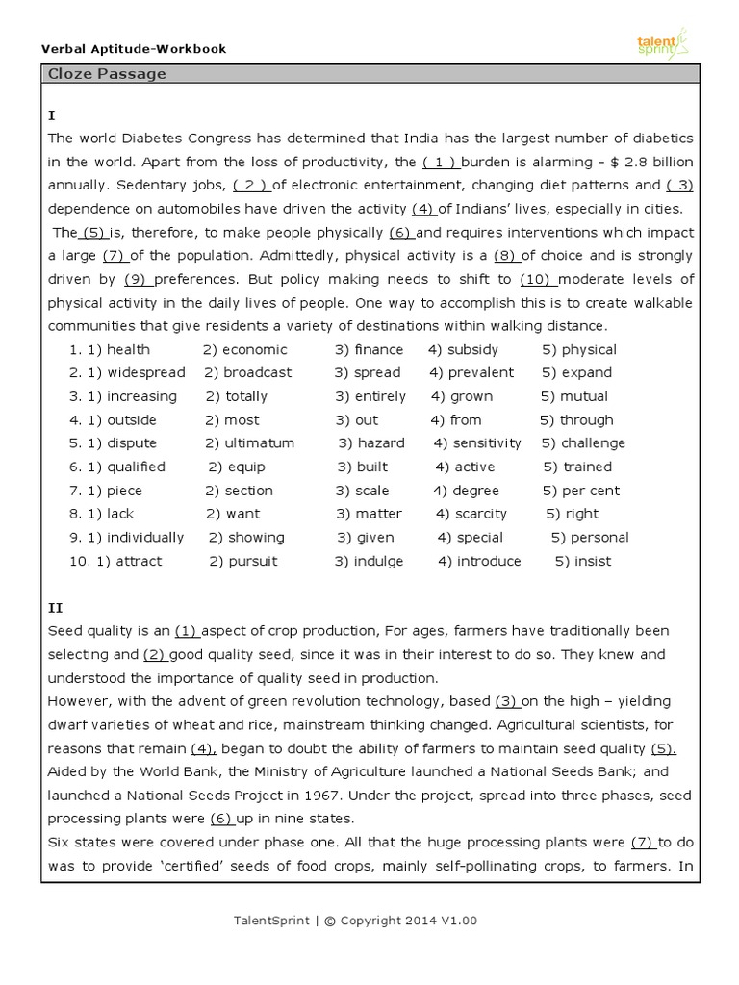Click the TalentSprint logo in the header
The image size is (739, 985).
click(x=662, y=42)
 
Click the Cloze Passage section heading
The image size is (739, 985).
click(x=107, y=74)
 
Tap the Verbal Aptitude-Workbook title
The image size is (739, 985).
click(x=134, y=48)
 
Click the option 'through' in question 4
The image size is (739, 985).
click(x=586, y=419)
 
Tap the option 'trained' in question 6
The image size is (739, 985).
click(x=587, y=467)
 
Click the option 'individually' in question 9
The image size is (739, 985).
click(x=144, y=538)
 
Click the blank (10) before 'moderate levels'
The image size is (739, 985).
click(x=535, y=279)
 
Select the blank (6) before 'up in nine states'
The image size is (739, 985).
click(x=221, y=819)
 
